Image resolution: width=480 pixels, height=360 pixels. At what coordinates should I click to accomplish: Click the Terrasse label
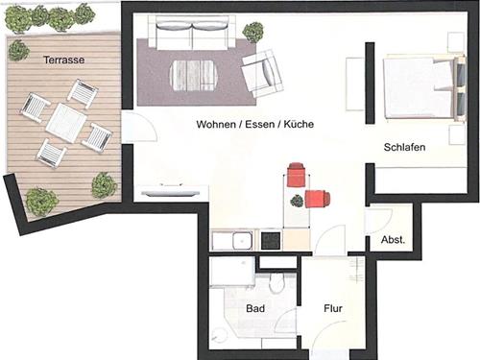(64, 60)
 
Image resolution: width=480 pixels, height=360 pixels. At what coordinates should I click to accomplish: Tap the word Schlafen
(404, 147)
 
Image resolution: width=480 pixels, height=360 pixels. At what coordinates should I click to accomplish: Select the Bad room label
(255, 308)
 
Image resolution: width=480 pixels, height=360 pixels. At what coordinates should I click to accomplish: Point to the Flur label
(333, 308)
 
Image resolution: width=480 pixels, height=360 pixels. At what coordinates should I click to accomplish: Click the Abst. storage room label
(393, 240)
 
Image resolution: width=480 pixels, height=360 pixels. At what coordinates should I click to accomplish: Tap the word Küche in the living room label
(299, 124)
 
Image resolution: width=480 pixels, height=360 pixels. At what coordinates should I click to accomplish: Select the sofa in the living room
(192, 33)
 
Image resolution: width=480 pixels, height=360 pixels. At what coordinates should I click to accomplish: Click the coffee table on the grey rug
(195, 76)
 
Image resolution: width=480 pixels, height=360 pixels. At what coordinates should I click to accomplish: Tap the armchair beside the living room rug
(262, 74)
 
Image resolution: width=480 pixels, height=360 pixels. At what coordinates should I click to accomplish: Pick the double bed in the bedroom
(424, 88)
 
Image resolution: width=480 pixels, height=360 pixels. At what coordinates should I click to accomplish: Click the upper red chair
(297, 175)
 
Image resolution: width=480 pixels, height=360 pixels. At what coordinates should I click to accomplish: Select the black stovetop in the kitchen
(271, 241)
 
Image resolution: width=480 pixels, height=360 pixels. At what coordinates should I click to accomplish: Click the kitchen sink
(242, 241)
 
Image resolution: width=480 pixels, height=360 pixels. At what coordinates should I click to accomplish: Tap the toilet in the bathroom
(276, 282)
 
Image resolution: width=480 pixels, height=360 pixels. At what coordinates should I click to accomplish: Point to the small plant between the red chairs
(297, 201)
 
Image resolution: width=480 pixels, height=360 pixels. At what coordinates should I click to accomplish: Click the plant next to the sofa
(253, 33)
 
